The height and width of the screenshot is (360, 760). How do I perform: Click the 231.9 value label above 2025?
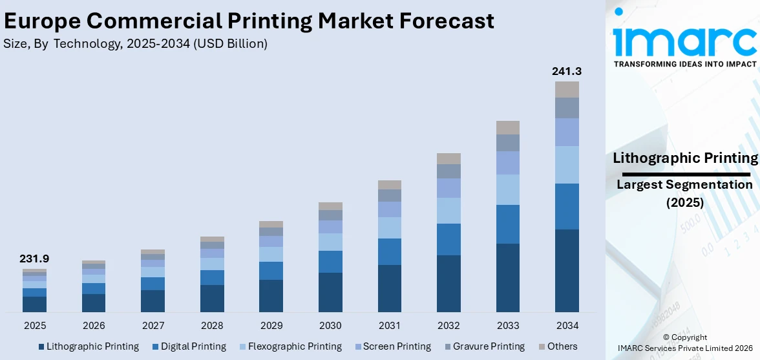click(x=35, y=259)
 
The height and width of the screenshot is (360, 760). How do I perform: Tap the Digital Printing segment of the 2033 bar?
click(x=507, y=224)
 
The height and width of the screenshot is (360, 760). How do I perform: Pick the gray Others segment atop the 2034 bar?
click(x=567, y=89)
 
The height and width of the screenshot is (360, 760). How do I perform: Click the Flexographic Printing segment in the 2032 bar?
click(x=449, y=211)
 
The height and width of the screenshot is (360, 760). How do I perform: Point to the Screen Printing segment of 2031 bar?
click(x=390, y=209)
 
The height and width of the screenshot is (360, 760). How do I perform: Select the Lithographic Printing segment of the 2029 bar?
click(x=271, y=296)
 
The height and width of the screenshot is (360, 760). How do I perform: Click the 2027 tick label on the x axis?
click(x=153, y=325)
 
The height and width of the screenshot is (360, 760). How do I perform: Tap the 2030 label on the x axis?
click(x=330, y=325)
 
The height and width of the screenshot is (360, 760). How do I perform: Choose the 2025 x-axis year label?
click(x=35, y=325)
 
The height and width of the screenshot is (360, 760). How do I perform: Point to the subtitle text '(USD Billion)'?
click(x=230, y=44)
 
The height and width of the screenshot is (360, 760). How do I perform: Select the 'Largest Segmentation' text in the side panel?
click(x=684, y=185)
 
